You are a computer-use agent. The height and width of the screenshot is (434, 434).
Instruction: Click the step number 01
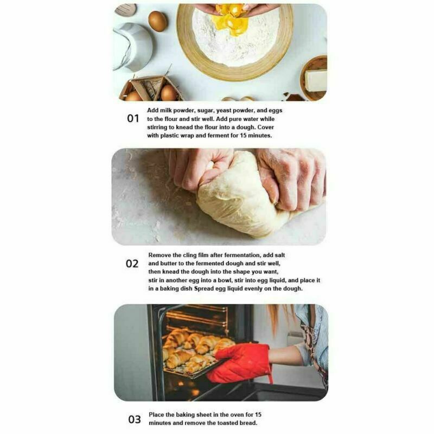pos(133,118)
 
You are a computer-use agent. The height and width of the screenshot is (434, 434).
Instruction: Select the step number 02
pos(132,264)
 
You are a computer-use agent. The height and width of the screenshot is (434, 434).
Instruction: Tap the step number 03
pos(134,419)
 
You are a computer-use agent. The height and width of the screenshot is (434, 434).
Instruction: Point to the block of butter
pos(315,80)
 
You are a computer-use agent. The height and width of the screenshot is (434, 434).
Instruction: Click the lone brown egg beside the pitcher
pos(158,21)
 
